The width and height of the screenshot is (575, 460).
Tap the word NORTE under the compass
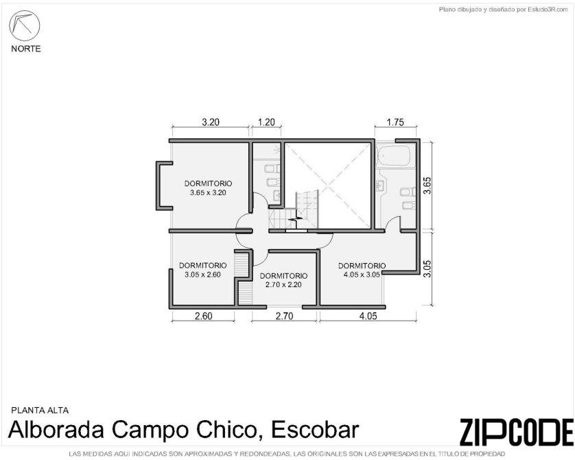click(25, 49)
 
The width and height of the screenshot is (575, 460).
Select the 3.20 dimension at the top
click(211, 122)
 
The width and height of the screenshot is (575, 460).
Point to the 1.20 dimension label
click(266, 122)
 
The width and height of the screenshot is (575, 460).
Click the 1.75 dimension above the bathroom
click(395, 122)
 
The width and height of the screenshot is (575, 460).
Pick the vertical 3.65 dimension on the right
click(427, 185)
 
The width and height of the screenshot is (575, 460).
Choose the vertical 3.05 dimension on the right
click(427, 269)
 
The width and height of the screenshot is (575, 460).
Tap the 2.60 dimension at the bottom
click(203, 316)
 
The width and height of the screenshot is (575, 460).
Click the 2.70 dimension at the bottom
click(284, 316)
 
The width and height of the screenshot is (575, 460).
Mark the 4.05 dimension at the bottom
click(368, 316)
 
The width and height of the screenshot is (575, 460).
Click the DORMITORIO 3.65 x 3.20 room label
click(208, 188)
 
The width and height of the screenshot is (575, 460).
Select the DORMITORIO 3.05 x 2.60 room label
click(203, 270)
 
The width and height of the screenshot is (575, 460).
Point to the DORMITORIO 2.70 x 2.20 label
click(283, 280)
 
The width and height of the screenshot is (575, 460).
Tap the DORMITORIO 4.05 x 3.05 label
click(362, 270)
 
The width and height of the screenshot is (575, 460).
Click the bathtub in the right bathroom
click(395, 156)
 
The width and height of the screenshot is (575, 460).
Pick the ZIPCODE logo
click(516, 431)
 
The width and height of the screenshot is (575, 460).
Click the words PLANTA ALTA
click(40, 410)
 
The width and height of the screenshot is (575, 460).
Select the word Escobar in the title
click(315, 430)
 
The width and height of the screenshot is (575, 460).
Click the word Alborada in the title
click(56, 430)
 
